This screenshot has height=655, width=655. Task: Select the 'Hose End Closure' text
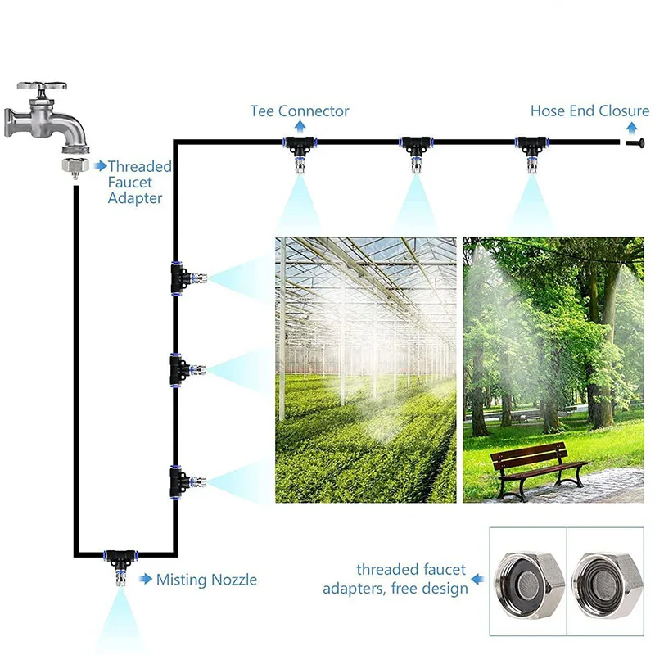click(589, 111)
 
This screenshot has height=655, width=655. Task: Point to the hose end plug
click(632, 143)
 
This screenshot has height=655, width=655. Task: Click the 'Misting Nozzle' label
click(206, 580)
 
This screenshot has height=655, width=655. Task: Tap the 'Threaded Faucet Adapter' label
click(139, 182)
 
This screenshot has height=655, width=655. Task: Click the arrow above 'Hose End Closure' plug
click(631, 126)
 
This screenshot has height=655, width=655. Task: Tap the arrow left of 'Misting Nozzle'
click(146, 580)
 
